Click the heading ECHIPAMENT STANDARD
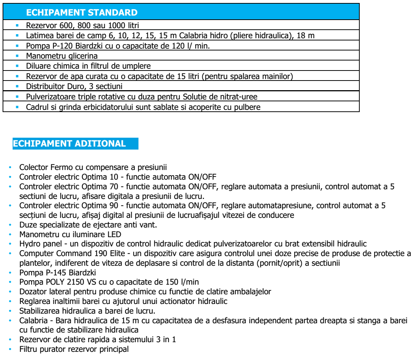(x=82, y=13)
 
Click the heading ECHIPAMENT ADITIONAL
(x=69, y=144)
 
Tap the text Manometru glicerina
(x=62, y=56)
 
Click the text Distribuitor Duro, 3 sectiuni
(x=74, y=86)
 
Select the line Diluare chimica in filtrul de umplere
(x=88, y=66)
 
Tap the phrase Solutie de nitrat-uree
(x=220, y=96)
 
